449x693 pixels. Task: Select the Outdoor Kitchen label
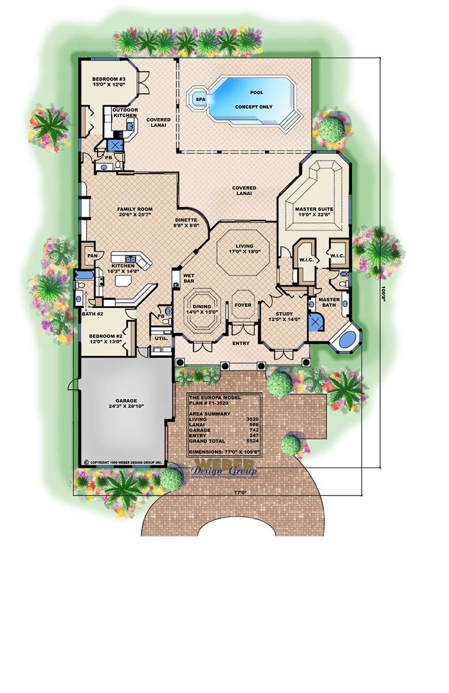(125, 113)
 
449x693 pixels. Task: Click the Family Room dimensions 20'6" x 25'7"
(135, 215)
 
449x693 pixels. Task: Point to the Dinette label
(186, 220)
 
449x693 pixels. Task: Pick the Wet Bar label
(189, 278)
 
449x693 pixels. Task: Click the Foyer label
(243, 305)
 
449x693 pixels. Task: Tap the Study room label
(284, 314)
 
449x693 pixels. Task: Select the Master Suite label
(314, 209)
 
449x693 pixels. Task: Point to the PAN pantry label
(92, 256)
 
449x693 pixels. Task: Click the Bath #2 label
(92, 314)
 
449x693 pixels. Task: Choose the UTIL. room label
(161, 338)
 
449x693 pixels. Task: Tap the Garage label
(126, 401)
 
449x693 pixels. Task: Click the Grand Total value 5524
(253, 441)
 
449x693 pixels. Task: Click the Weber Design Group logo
(224, 469)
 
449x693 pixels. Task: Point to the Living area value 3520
(253, 419)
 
